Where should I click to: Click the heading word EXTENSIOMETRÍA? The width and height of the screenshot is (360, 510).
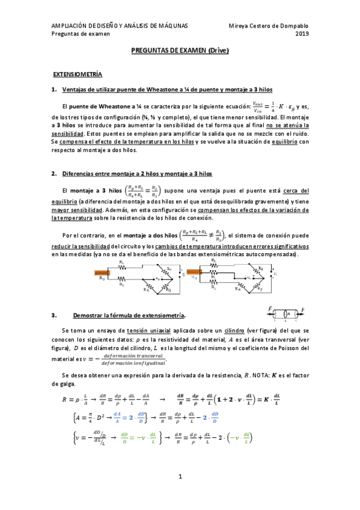(x=78, y=74)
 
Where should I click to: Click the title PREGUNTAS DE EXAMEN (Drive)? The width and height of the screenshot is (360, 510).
(x=180, y=52)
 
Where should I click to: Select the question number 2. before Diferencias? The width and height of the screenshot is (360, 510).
(x=55, y=174)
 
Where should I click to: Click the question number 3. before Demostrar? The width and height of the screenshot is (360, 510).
(x=55, y=315)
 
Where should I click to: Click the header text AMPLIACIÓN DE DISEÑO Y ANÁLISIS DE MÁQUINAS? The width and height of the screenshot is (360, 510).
(x=120, y=25)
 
